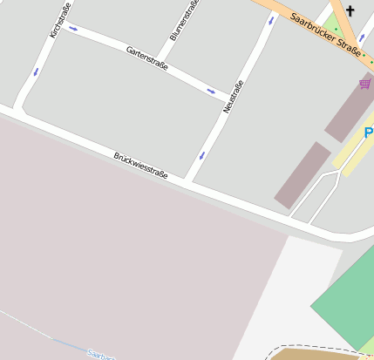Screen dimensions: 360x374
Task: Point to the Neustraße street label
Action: [233, 96]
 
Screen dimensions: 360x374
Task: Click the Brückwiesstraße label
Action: [140, 165]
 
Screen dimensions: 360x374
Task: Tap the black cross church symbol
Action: [350, 11]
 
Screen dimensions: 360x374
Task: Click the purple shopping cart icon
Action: [364, 84]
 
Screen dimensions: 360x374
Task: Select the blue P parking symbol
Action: [369, 132]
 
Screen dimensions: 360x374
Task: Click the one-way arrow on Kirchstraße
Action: [36, 71]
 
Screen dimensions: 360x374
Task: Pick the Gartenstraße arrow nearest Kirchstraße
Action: [72, 29]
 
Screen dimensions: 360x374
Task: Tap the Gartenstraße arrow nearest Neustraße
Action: [211, 91]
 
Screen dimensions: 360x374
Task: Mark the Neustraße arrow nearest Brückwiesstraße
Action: [202, 156]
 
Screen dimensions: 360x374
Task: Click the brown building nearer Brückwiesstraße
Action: [303, 174]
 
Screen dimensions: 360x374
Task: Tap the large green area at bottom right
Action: [349, 296]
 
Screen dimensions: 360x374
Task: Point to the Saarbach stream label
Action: [100, 354]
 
